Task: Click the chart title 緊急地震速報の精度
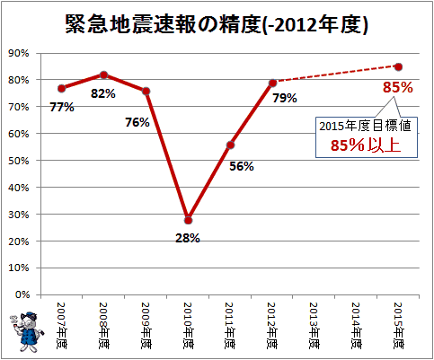click(x=164, y=24)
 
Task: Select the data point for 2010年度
click(x=188, y=221)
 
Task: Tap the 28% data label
click(x=188, y=238)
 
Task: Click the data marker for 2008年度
click(x=103, y=75)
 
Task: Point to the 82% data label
click(x=103, y=93)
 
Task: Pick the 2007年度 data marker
click(x=62, y=88)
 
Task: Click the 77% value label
click(x=62, y=107)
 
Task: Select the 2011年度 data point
click(x=230, y=145)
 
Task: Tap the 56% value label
click(x=242, y=166)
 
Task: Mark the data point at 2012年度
click(x=272, y=83)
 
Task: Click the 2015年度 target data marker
click(x=398, y=66)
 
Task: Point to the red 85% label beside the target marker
click(x=398, y=87)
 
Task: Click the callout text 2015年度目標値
click(x=365, y=126)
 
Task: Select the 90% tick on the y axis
click(x=19, y=53)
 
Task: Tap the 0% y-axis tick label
click(x=22, y=294)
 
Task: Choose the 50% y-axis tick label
click(x=19, y=161)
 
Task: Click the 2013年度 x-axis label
click(x=314, y=326)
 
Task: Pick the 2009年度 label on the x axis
click(x=146, y=326)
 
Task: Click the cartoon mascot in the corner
click(x=27, y=331)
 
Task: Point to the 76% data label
click(x=137, y=122)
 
